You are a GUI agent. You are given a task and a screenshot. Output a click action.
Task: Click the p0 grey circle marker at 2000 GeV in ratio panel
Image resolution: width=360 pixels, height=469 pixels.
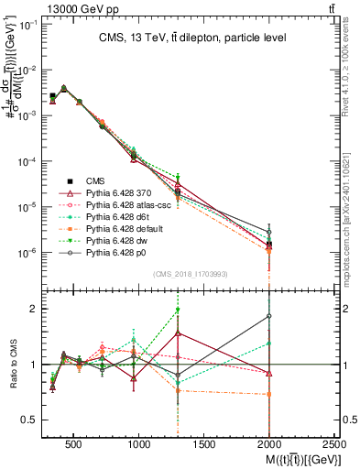pyautogui.click(x=269, y=316)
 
